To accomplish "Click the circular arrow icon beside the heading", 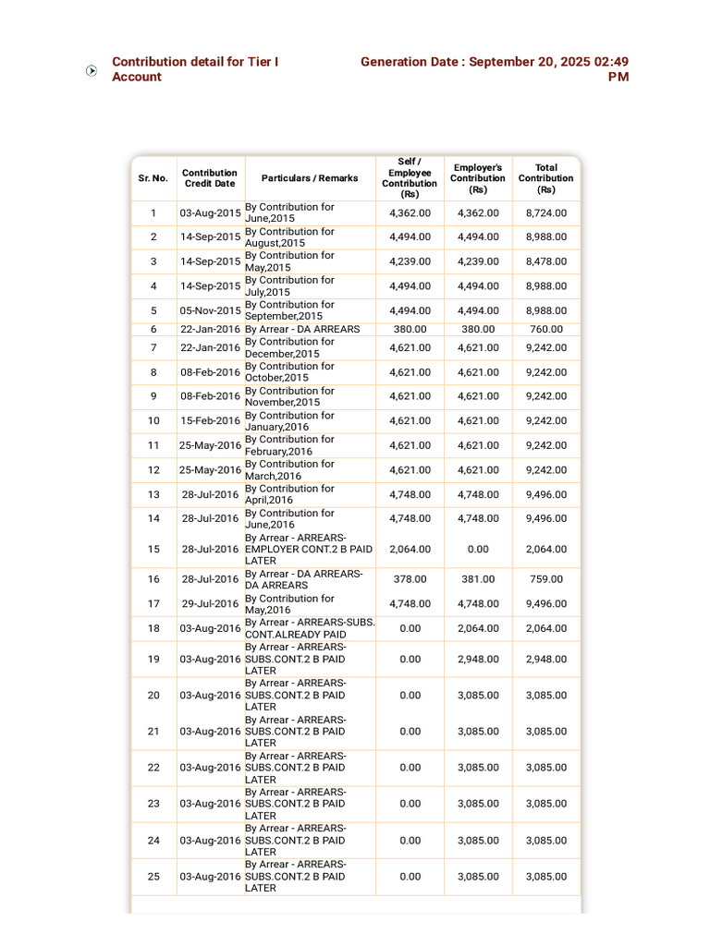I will [92, 70].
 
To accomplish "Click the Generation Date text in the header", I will [495, 69].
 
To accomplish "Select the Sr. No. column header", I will [153, 178].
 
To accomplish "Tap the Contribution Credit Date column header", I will [210, 178].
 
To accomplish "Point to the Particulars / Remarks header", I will [310, 178].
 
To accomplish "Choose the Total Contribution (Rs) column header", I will [545, 178].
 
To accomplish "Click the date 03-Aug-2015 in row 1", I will [210, 213].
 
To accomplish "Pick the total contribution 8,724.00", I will [546, 213].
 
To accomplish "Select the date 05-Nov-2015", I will [210, 310].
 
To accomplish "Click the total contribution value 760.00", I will [546, 329].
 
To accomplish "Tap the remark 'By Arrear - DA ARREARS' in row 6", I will [302, 329].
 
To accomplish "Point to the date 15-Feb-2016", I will [210, 421].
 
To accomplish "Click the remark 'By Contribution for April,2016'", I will [289, 494].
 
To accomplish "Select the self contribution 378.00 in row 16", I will [410, 579].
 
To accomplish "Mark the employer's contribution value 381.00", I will [478, 579].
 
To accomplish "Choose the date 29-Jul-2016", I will [210, 604].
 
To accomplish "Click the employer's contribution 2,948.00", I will [478, 660].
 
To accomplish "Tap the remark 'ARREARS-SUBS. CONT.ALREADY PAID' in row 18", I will [310, 628].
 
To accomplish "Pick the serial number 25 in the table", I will [153, 877].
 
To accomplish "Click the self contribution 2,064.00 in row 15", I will [410, 549].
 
